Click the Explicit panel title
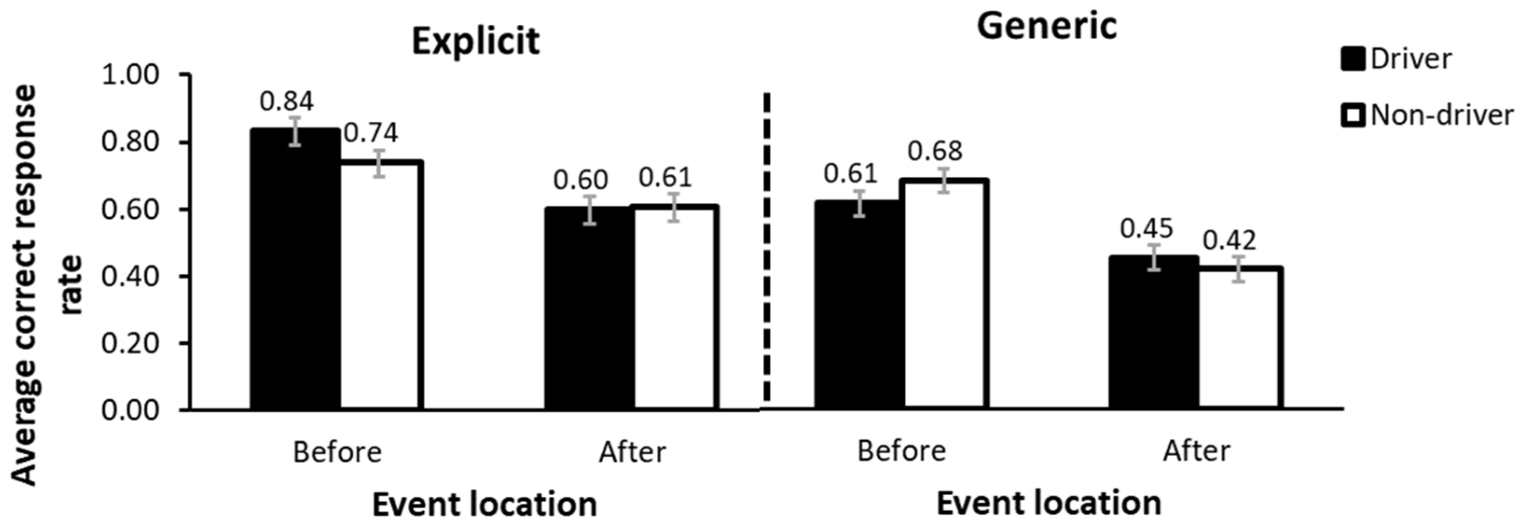[x=476, y=42]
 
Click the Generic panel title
[x=1047, y=27]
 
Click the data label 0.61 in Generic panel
[x=851, y=173]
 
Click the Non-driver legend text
[x=1441, y=115]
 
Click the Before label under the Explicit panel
[x=337, y=452]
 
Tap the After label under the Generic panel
[x=1197, y=451]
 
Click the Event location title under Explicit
[x=484, y=505]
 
